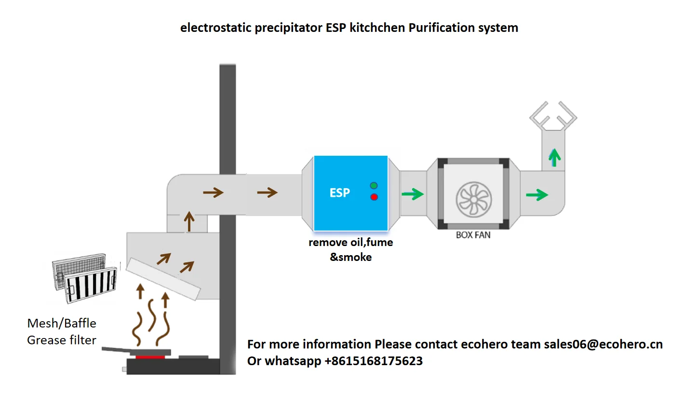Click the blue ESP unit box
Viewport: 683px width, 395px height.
(350, 193)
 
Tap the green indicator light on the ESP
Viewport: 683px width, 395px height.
(374, 186)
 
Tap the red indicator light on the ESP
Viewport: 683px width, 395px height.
(374, 197)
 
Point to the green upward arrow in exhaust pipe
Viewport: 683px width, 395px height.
(555, 157)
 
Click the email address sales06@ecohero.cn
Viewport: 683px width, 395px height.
(603, 344)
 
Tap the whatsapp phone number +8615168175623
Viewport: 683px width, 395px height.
(371, 361)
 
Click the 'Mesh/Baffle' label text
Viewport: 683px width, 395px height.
(62, 323)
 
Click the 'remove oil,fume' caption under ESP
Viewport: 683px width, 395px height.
(350, 243)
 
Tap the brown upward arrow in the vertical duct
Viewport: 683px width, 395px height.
(189, 222)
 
